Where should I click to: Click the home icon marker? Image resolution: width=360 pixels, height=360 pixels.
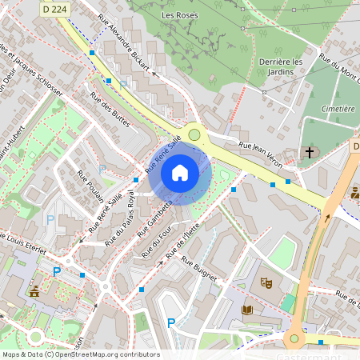pyautogui.click(x=180, y=172)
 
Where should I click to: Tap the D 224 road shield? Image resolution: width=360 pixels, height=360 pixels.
pyautogui.click(x=54, y=6)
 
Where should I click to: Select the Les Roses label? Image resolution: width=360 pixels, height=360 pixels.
pyautogui.click(x=178, y=15)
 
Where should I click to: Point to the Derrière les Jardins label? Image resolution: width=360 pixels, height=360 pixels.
pyautogui.click(x=281, y=66)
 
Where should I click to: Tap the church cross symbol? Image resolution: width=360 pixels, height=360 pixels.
pyautogui.click(x=310, y=151)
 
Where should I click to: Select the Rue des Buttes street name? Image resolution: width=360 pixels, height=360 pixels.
pyautogui.click(x=110, y=110)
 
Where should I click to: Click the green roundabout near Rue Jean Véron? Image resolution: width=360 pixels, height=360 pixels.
pyautogui.click(x=194, y=134)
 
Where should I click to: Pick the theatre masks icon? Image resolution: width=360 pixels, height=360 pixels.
pyautogui.click(x=266, y=283)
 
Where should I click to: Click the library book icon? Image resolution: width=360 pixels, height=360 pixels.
pyautogui.click(x=246, y=310)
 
